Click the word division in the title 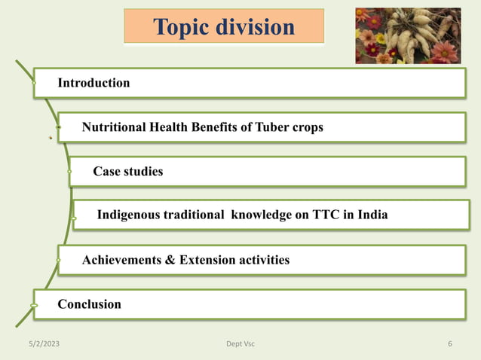coord(254,27)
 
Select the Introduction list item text coord(93,83)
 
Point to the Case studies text coord(127,172)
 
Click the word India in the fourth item coord(372,215)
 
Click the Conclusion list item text coord(89,304)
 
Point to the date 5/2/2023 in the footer coord(43,344)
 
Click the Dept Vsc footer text coord(240,344)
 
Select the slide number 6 coord(449,344)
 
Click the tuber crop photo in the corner coord(408,35)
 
